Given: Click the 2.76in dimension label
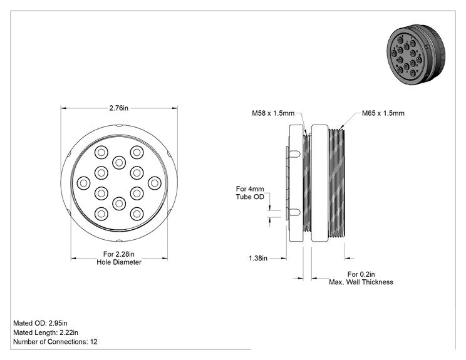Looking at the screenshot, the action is [x=118, y=108].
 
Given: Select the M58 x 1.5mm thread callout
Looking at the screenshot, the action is [x=273, y=113].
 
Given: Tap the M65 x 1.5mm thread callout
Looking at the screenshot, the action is [x=383, y=113].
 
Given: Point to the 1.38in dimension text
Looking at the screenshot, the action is [x=258, y=258].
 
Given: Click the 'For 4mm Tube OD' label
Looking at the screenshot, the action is [x=250, y=193].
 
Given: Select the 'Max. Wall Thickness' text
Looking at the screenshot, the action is [x=361, y=282].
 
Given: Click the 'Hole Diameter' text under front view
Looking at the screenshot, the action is [x=119, y=262].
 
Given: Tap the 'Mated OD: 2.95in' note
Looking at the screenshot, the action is [x=40, y=323].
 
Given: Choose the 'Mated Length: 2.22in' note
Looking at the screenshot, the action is [x=46, y=332].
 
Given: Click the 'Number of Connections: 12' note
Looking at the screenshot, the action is [x=55, y=342].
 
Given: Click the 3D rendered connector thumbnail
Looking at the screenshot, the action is [x=417, y=54].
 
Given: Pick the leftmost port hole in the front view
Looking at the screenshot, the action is [x=83, y=183].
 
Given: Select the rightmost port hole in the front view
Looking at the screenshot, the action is [x=155, y=183].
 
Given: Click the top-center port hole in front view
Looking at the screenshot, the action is [x=119, y=163].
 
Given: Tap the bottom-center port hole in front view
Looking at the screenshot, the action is [x=119, y=203].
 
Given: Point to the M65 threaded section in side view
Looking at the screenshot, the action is [x=337, y=183].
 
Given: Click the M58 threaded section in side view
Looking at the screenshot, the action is [x=307, y=183].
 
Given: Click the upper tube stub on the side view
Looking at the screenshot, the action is [x=294, y=154].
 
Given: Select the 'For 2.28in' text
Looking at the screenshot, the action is [x=119, y=254].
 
